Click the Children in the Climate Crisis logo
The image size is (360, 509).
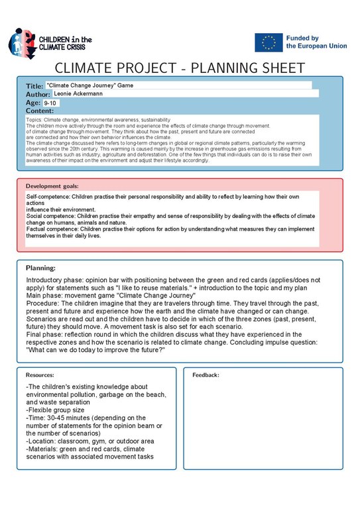tap(50, 44)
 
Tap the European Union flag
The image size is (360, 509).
tap(268, 43)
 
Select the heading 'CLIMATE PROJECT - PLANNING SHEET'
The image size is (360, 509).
tap(180, 69)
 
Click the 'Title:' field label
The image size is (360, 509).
tap(34, 86)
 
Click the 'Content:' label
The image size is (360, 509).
tap(39, 111)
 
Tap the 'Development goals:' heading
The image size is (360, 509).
tap(52, 186)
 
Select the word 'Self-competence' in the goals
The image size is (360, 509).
tap(47, 198)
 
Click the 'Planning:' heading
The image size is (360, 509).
tap(40, 268)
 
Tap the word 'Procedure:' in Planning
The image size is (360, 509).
tap(45, 313)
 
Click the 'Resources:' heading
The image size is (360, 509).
tap(40, 374)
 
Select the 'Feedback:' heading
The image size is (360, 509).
tap(206, 374)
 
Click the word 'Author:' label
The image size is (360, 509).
tap(38, 95)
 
